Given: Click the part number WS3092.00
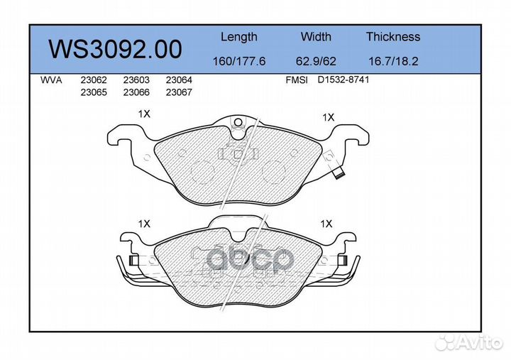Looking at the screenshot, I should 114,49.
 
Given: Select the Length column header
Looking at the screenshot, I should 238,37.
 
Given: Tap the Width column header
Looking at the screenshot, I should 316,37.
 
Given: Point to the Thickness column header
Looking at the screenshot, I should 392,37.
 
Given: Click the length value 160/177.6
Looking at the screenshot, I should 239,62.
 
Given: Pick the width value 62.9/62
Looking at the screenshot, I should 316,62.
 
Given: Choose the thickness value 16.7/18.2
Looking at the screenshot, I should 393,62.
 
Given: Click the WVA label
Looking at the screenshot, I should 52,81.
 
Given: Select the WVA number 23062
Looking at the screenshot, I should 93,81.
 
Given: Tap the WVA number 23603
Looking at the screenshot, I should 136,81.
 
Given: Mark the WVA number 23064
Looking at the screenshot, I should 178,81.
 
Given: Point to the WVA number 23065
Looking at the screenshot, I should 93,92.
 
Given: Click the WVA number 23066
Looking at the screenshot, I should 136,92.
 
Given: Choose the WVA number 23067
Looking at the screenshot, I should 178,92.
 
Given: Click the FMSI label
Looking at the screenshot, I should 296,81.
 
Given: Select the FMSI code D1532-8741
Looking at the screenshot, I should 344,81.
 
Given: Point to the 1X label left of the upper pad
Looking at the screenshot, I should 144,114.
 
